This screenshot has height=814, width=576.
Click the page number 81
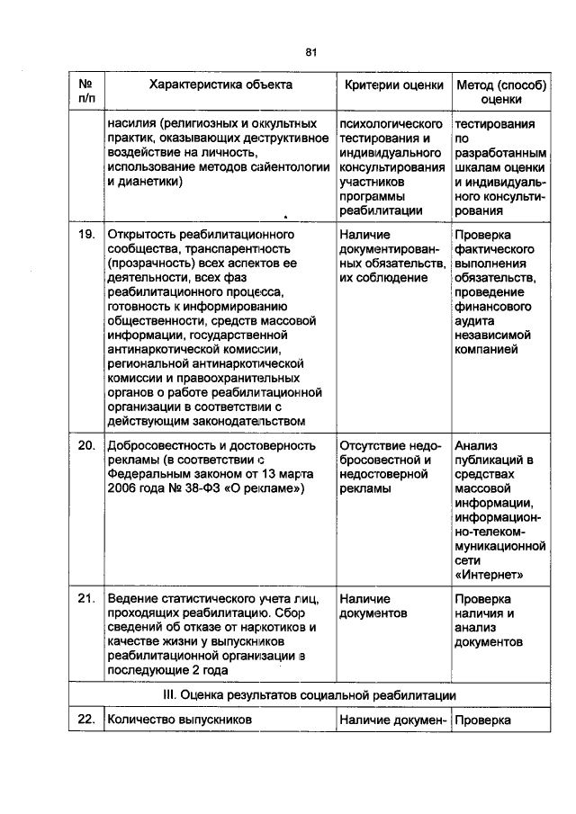[x=311, y=52]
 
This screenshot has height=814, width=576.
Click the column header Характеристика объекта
[x=220, y=85]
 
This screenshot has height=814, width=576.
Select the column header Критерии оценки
[x=394, y=85]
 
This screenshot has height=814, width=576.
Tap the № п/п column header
[x=86, y=93]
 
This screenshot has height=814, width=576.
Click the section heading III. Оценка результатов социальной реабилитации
[x=310, y=695]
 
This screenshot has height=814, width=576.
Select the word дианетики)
[x=144, y=181]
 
